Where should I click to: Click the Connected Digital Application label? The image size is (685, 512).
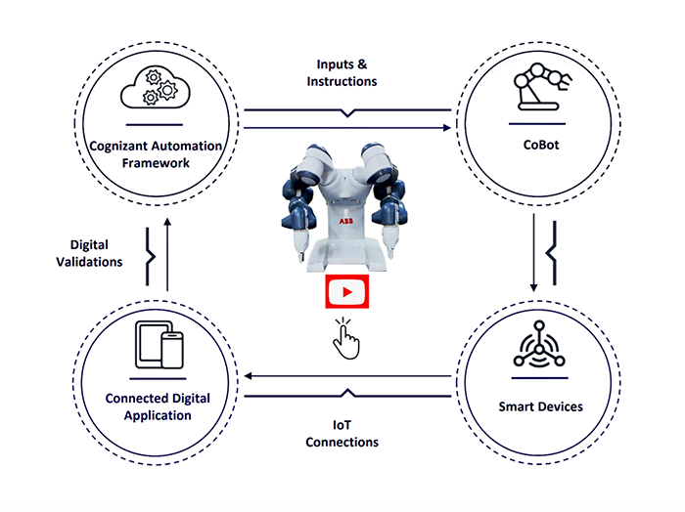click(158, 405)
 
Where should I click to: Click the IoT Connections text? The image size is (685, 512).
click(342, 434)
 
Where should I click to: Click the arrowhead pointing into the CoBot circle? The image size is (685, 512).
click(448, 128)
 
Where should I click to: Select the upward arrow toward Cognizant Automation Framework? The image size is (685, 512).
click(167, 225)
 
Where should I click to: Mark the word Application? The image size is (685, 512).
click(158, 414)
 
